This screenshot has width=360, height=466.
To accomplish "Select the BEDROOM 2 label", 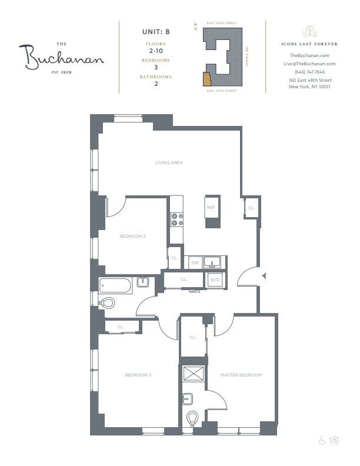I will coord(132,236).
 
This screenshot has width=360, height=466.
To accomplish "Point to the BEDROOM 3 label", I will coord(137,375).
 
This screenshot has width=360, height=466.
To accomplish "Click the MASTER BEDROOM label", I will coord(241,375).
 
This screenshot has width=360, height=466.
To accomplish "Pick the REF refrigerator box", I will coord(211,208).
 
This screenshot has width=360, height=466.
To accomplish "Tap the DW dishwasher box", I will coord(195,262).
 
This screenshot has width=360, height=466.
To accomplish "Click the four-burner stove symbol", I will coord(176,219).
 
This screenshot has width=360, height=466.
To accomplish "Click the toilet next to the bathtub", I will coord(107,303).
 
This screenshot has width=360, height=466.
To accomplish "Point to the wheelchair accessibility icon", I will coord(322,440).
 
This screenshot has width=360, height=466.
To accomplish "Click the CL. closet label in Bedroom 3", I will coord(121,327).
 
